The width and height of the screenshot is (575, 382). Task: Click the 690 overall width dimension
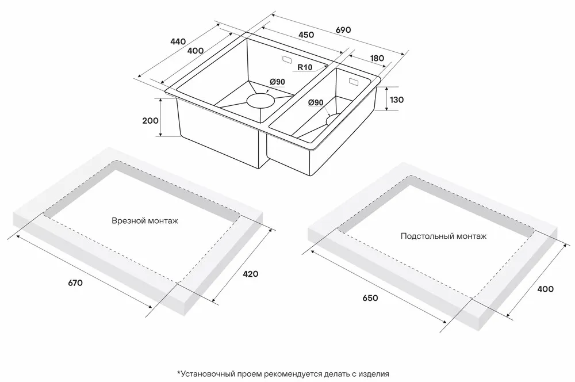point(343,30)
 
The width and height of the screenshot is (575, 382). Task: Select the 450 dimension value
point(306,35)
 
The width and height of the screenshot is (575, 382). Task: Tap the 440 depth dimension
point(178,41)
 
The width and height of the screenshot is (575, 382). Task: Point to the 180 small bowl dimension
point(377,58)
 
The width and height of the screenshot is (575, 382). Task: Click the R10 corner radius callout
point(305,67)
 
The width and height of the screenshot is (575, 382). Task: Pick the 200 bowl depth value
point(150,120)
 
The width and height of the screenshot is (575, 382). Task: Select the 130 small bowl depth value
point(396,100)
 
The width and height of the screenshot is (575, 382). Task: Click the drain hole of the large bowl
point(260,100)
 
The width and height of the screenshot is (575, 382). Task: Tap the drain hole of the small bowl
point(333,120)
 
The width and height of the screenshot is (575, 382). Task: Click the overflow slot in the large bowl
point(286,59)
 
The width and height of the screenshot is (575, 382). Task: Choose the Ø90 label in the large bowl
point(277,82)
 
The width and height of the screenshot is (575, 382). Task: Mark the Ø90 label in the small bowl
point(316,102)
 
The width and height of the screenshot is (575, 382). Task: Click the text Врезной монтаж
point(145,221)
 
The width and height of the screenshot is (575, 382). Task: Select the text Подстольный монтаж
point(443,236)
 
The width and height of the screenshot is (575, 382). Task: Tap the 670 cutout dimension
point(75,283)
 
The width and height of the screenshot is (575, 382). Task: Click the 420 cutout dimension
point(251,274)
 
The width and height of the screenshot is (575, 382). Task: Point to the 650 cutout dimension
point(370,297)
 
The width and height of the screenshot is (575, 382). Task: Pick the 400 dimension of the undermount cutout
point(545,289)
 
